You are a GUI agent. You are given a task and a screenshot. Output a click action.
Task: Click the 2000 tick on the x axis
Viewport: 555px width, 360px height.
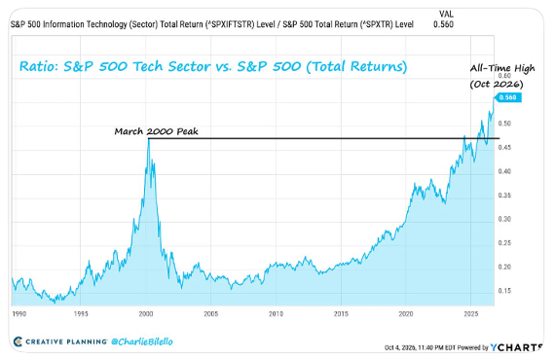click(146, 313)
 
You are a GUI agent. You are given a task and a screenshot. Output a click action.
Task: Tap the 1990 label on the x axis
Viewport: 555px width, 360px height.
click(19, 313)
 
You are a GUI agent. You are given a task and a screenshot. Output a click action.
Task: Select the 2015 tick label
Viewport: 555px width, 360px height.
click(341, 313)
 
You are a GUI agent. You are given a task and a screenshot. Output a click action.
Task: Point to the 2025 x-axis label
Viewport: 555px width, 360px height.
click(471, 313)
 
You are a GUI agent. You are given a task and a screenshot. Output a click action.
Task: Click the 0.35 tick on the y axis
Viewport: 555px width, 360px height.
click(504, 196)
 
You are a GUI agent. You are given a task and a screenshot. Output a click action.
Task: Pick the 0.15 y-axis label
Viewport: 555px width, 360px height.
click(504, 291)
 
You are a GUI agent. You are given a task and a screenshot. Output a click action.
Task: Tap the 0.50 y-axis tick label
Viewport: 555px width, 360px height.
click(504, 124)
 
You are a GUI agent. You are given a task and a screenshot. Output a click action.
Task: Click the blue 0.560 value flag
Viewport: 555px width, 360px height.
click(507, 97)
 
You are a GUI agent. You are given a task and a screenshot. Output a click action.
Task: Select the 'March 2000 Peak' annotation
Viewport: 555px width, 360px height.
click(156, 131)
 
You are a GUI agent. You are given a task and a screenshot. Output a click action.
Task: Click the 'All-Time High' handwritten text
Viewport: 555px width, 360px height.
click(502, 69)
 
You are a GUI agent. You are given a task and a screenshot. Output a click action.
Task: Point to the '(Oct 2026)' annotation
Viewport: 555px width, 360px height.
click(497, 85)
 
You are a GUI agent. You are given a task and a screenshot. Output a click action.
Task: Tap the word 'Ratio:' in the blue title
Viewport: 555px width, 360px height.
click(39, 66)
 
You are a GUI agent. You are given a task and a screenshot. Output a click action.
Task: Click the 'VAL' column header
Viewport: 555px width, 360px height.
click(446, 15)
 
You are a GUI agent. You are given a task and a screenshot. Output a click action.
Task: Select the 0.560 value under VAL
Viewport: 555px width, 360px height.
click(443, 24)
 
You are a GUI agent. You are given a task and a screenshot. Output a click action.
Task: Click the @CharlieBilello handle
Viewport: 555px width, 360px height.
click(142, 342)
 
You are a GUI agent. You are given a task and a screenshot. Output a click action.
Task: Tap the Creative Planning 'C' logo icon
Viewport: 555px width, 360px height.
click(18, 342)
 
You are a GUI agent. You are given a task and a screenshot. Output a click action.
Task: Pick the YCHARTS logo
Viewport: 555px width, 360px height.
click(516, 347)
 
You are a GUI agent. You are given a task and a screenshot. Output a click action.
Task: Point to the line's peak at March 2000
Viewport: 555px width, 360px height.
click(149, 139)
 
